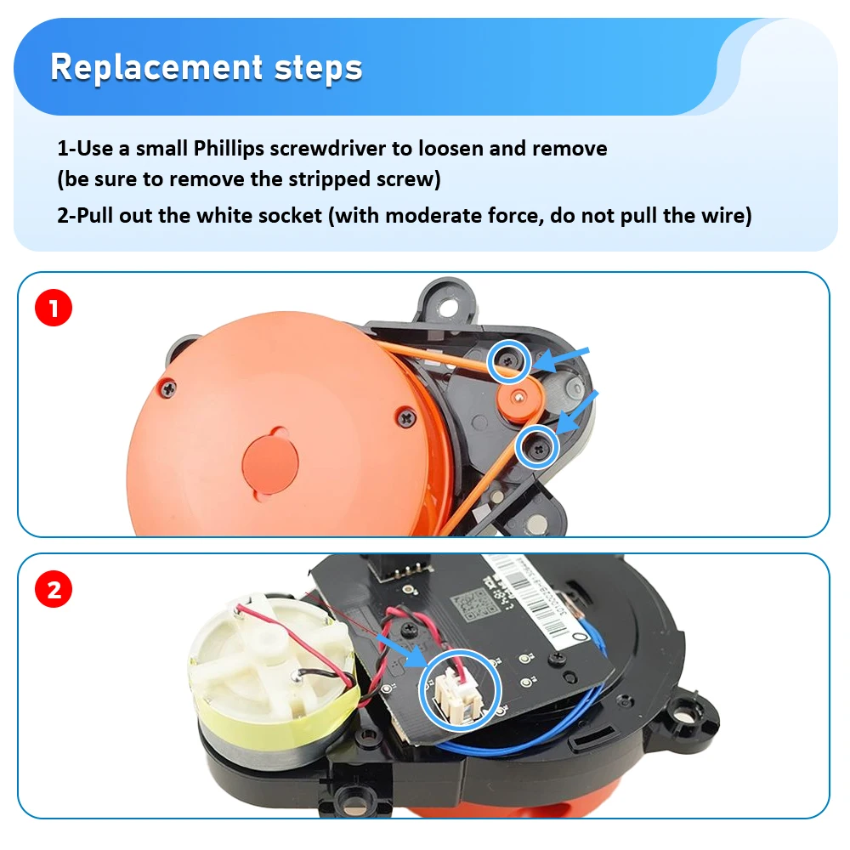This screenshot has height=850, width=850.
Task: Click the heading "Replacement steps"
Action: tap(207, 67)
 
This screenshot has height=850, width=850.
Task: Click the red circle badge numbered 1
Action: tap(54, 309)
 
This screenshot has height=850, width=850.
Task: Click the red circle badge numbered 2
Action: tap(54, 589)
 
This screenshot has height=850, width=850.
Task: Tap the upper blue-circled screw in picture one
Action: tap(509, 362)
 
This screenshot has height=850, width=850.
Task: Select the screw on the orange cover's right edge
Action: tap(405, 417)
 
